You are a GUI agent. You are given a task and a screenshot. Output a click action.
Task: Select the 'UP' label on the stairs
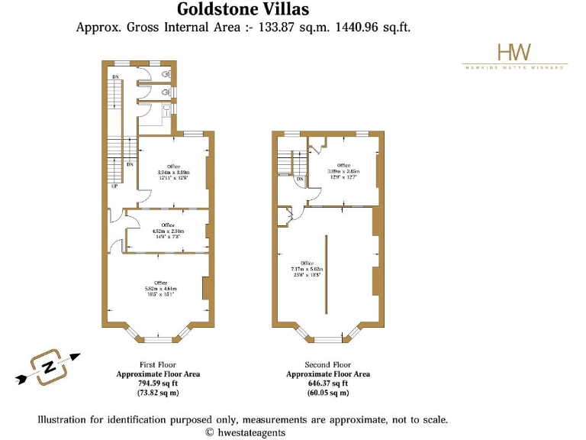click(114, 186)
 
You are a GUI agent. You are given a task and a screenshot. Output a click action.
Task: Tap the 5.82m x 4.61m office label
click(160, 288)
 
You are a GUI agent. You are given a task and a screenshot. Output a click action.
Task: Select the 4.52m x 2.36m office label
click(167, 229)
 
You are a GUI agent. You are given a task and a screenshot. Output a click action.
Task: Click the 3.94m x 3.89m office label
click(173, 172)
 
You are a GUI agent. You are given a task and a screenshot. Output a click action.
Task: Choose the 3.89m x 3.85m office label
click(343, 171)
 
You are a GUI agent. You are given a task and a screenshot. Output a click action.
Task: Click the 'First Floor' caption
click(158, 365)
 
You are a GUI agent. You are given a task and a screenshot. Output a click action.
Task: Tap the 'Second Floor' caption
click(327, 365)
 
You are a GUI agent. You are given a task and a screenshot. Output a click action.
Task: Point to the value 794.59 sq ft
click(158, 383)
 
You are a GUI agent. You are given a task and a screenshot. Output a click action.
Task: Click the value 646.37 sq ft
click(327, 383)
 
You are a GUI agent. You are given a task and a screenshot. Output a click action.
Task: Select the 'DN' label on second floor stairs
click(300, 180)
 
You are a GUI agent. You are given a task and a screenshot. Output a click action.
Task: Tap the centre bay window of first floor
click(159, 336)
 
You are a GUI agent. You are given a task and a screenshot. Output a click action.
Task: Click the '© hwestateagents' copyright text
click(245, 432)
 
